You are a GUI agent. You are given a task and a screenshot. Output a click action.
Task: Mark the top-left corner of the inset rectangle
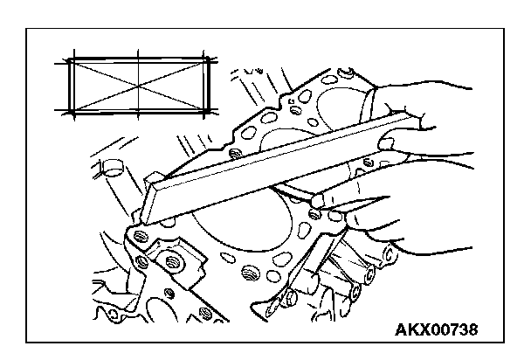click(70, 59)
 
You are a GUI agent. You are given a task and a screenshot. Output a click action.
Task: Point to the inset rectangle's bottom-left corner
click(70, 112)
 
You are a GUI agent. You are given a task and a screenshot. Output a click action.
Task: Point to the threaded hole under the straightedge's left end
click(135, 236)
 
